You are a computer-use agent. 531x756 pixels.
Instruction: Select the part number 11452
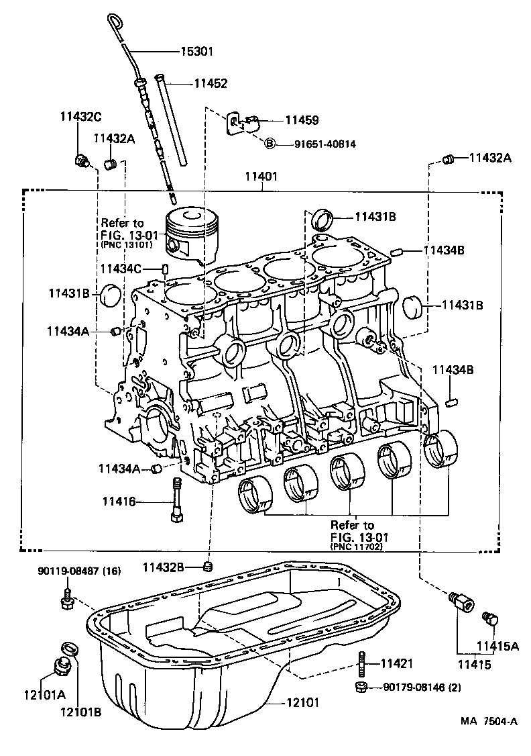[x=211, y=84]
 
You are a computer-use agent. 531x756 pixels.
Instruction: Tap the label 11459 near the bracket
[x=302, y=120]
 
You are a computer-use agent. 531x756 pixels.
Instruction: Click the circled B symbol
[x=269, y=143]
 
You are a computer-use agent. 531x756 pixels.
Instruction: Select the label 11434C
[x=120, y=269]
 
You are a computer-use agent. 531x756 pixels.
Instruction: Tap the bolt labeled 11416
[x=178, y=500]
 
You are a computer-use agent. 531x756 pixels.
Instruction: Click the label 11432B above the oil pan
[x=163, y=567]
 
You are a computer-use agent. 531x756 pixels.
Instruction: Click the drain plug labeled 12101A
[x=62, y=667]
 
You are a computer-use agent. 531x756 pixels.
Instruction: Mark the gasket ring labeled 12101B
[x=69, y=648]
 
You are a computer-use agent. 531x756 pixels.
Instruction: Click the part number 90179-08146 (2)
[x=422, y=687]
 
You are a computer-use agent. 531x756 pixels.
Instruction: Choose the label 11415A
[x=497, y=646]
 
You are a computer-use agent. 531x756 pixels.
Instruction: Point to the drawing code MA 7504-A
[x=489, y=722]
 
